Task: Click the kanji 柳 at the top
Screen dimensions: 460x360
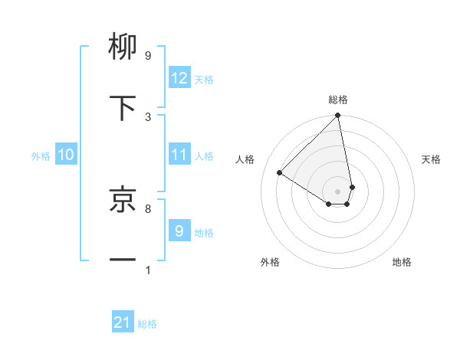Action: pos(123,47)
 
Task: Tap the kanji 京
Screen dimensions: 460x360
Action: pos(123,199)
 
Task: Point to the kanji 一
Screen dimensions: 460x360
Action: pos(123,260)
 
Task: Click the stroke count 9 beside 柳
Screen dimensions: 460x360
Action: pos(148,56)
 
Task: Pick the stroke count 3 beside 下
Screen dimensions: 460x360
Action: pos(148,116)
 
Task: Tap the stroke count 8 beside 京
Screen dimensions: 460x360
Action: pos(148,208)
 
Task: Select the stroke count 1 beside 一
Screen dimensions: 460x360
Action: pos(148,270)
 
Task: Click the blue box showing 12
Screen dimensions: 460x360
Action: pos(179,78)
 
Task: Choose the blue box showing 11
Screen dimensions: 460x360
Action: pos(179,155)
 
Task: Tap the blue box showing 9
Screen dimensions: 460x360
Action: pos(179,231)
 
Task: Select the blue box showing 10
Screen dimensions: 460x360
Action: pos(66,155)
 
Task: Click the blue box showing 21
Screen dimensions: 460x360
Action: pos(123,323)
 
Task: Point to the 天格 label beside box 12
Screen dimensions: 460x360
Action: pos(204,80)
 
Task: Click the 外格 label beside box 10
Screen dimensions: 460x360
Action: pos(41,155)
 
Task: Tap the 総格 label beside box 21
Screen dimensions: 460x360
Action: pos(147,324)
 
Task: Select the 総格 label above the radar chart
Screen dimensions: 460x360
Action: pos(338,100)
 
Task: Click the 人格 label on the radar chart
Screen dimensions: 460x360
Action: pos(245,159)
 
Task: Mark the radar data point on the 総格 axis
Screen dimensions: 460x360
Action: pos(338,116)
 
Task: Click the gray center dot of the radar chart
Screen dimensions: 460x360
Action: pos(338,191)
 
